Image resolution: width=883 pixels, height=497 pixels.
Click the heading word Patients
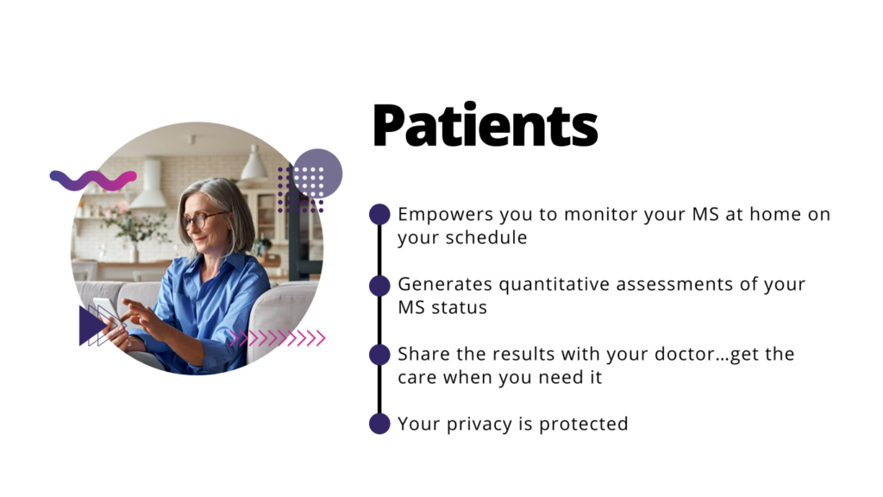pos(485,125)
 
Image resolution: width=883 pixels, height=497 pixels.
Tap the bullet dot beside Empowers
pos(379,214)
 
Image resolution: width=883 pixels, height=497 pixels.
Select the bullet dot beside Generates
pos(379,285)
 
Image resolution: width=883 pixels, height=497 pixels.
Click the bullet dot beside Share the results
pos(379,355)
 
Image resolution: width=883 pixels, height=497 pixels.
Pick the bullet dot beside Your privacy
pos(379,424)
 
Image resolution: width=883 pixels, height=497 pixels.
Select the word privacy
pos(479,425)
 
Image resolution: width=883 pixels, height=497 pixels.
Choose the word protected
pos(584,425)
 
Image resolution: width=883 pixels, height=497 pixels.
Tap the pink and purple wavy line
pos(93,179)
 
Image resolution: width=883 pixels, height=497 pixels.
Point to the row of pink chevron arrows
pos(278,338)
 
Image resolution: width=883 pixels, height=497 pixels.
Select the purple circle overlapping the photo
pos(317,173)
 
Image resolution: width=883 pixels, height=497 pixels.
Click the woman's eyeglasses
pos(202,218)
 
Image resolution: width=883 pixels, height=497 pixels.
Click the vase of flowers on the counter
pos(131,232)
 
